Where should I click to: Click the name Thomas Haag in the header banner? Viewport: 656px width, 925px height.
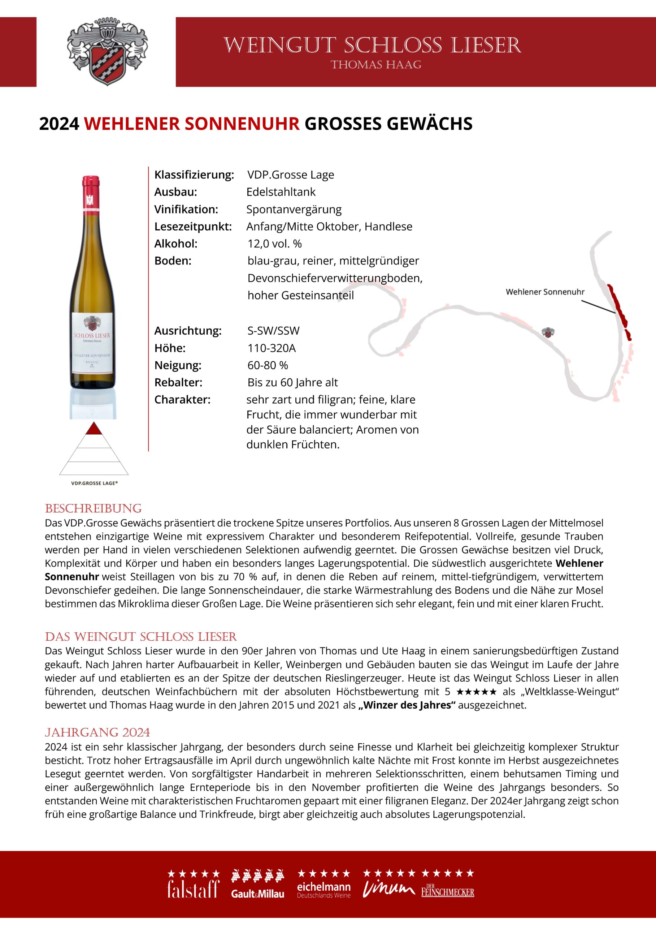pyautogui.click(x=376, y=65)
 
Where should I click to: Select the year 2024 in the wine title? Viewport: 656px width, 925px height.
pyautogui.click(x=59, y=124)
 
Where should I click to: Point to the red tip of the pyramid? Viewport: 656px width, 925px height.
pyautogui.click(x=94, y=429)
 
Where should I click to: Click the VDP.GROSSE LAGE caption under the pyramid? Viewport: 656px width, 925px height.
pyautogui.click(x=94, y=483)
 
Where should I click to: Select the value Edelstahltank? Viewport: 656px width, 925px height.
pyautogui.click(x=281, y=192)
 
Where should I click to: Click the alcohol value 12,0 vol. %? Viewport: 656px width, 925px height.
pyautogui.click(x=275, y=244)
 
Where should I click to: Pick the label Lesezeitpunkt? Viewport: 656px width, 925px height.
pyautogui.click(x=193, y=227)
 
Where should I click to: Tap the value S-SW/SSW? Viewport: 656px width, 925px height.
pyautogui.click(x=273, y=331)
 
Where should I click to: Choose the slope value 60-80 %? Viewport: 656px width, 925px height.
pyautogui.click(x=268, y=365)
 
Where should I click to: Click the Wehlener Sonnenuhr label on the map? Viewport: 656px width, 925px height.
pyautogui.click(x=545, y=292)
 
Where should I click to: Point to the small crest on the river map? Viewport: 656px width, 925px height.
pyautogui.click(x=548, y=332)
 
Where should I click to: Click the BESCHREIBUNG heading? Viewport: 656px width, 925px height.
pyautogui.click(x=93, y=509)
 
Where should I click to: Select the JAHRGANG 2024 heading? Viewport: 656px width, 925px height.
pyautogui.click(x=97, y=732)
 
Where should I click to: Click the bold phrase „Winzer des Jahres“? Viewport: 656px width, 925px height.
pyautogui.click(x=407, y=705)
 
